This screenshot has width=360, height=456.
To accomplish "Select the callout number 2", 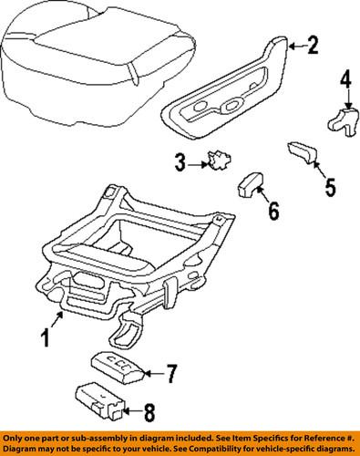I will (313, 45).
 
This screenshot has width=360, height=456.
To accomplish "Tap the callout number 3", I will (180, 163).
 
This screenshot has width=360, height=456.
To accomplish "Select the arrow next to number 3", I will (198, 163).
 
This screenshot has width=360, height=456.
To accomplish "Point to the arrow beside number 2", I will (294, 45).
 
